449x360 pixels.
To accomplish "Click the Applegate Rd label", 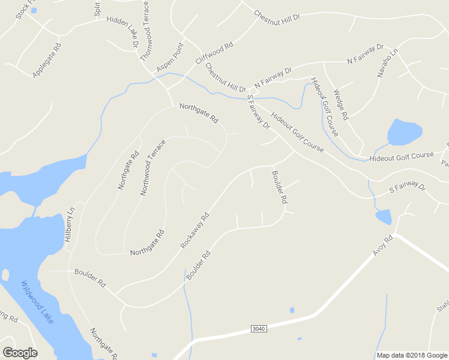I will [47, 59].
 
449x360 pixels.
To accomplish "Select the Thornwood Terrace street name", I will [145, 31].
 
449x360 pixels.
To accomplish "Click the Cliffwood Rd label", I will [214, 53].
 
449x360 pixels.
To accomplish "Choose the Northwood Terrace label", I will [152, 167].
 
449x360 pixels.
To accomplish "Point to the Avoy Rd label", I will [382, 245].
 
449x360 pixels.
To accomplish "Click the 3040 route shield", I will [258, 328].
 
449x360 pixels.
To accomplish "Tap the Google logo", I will [20, 352].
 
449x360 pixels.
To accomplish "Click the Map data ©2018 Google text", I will [411, 355].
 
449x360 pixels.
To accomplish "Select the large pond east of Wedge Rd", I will [405, 132].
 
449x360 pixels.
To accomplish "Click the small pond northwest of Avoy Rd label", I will [383, 216].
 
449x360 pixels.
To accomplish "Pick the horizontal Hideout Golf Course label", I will [402, 156].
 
